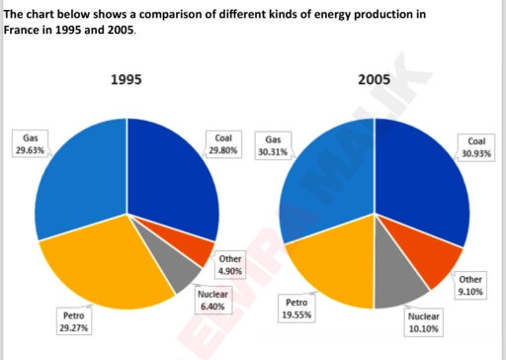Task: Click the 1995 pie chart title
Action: pyautogui.click(x=126, y=80)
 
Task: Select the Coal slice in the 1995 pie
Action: pyautogui.click(x=173, y=178)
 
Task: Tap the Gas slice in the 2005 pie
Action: pyautogui.click(x=326, y=178)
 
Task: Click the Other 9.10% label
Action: pyautogui.click(x=471, y=286)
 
